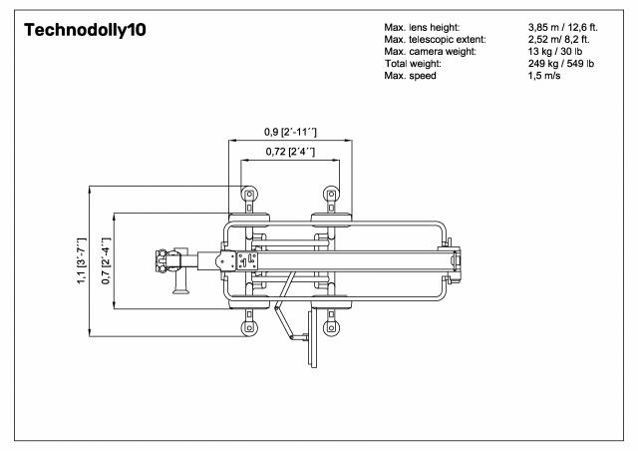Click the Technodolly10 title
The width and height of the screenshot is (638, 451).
coord(85,30)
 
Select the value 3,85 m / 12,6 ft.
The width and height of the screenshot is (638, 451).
coord(563,28)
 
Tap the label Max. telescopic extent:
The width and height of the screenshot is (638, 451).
coord(435,40)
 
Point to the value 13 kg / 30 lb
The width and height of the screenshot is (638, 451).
coord(555,51)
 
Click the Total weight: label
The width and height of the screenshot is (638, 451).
coord(413,64)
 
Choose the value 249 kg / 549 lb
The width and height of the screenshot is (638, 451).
coord(561,64)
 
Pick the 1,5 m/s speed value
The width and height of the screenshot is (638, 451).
coord(544,76)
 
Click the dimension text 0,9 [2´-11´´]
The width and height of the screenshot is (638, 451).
coord(290,132)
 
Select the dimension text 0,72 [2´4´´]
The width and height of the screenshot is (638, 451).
coord(290,152)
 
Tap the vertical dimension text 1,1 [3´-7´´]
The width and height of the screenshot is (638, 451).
coord(82,260)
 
